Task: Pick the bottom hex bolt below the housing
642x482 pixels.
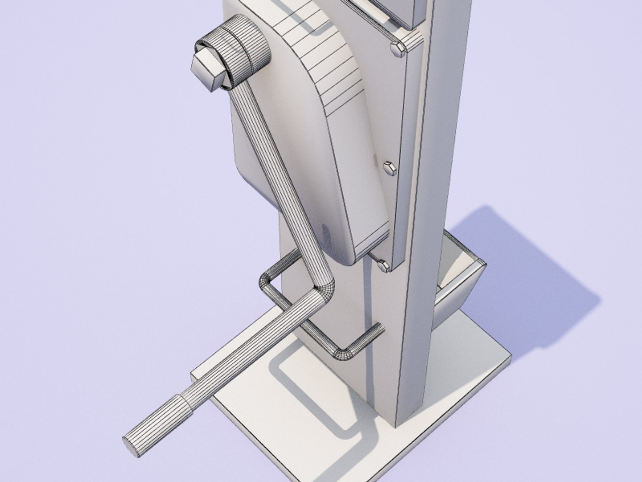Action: pos(383,265)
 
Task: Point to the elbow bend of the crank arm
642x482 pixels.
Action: pos(323,286)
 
